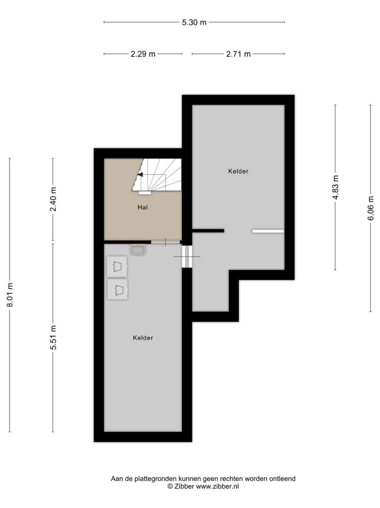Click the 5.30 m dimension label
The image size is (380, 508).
point(194,23)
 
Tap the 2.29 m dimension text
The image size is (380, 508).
point(143,54)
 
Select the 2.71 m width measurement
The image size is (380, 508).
point(238,54)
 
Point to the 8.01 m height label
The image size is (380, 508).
point(10,295)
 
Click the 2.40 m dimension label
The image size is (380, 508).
point(53,199)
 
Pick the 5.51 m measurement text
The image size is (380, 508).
point(53,337)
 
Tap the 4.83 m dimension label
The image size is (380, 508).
point(335,187)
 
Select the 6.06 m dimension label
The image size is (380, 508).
point(371,208)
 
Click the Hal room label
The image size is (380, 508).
point(143,207)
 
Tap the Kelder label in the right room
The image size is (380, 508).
point(238,171)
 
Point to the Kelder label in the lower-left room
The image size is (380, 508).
point(143,338)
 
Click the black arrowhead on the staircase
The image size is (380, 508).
point(140,175)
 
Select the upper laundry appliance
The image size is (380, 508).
point(117,267)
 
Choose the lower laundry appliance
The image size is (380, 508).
point(117,289)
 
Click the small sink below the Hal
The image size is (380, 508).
point(138,249)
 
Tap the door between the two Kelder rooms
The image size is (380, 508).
point(187,257)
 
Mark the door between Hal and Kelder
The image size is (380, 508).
point(166,242)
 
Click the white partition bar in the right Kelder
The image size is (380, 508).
point(268,231)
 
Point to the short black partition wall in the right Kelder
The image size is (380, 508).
point(208,230)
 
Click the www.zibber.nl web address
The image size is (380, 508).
point(217,486)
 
